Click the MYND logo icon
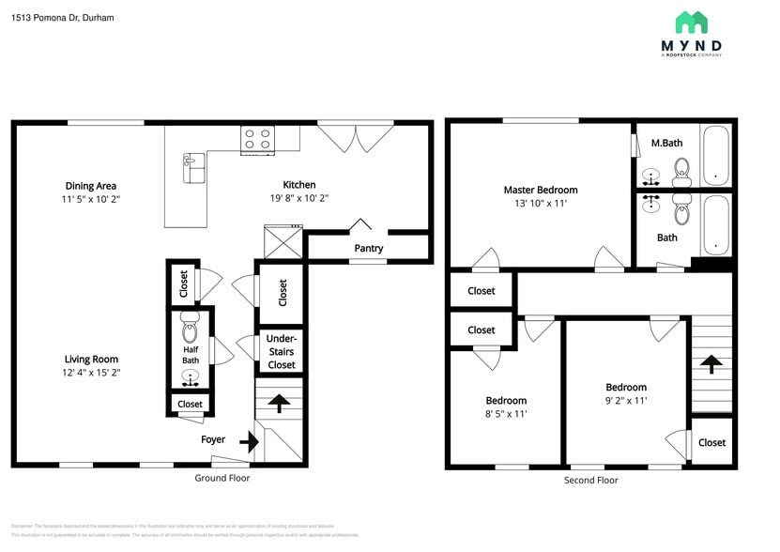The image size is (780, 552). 691,23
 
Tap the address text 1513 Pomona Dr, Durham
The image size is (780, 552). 63,17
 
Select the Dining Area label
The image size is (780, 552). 91,186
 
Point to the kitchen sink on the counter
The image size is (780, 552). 193,168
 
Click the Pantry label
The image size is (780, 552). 368,249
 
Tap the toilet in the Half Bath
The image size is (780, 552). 190,332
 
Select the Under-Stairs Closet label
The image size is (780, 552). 282,351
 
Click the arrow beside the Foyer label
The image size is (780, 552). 250,440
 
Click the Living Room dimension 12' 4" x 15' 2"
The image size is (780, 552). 91,373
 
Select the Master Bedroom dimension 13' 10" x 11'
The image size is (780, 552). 541,203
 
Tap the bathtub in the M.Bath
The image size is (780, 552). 715,155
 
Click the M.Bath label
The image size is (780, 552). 666,143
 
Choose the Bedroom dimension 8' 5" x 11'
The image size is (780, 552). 506,414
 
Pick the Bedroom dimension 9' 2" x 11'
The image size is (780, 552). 625,401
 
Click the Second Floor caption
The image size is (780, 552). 591,480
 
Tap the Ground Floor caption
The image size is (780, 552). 222,478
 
